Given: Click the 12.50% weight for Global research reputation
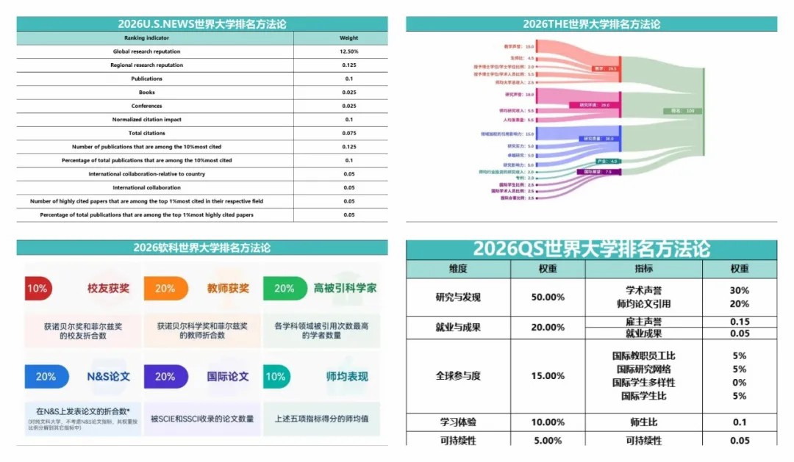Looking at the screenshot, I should pos(348,51).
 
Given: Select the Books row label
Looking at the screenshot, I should pos(147,93).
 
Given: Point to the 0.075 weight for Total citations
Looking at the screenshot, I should pos(348,133).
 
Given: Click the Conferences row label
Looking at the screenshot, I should pos(147,106).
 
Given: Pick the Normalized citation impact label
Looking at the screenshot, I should pos(147,120).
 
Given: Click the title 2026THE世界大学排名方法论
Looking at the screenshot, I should pos(591,24).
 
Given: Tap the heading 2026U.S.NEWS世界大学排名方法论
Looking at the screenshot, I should pos(202,24).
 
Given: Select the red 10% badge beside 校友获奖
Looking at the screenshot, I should pos(37,289).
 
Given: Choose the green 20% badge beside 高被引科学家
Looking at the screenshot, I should pos(285,289).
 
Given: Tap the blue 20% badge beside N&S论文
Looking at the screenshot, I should pos(46,377).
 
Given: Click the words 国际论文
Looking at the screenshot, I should pos(228,377).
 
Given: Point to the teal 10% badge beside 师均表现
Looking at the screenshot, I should pos(276,377).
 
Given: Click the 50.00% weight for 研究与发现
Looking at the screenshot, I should pos(548,297).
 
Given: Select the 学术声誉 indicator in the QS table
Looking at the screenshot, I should pos(643,291).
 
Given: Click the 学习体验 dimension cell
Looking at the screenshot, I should pos(458,422).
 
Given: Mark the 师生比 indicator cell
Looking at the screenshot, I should pos(643,422).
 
